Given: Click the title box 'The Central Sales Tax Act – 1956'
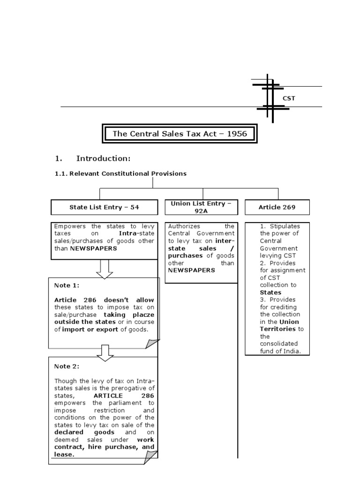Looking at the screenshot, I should tap(180, 134).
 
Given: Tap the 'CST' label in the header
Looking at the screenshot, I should tap(289, 98).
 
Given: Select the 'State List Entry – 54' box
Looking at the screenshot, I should tap(104, 207).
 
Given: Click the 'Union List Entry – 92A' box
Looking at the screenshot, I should tap(201, 207).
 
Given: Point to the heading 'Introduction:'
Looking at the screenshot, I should tap(103, 158).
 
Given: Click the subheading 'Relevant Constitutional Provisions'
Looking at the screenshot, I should tap(127, 173).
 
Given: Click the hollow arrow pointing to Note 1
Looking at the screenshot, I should tap(105, 269).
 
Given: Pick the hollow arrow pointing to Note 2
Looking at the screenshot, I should tap(105, 352).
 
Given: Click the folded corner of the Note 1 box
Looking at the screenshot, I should tap(152, 343).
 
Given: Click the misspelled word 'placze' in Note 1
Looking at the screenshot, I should tap(143, 315).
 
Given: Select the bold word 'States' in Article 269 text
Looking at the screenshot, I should tap(270, 292).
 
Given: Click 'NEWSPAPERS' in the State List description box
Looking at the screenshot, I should tap(93, 248).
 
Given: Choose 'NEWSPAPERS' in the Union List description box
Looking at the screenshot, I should tap(191, 270).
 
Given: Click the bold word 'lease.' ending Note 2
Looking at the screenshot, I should tap(64, 454).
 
